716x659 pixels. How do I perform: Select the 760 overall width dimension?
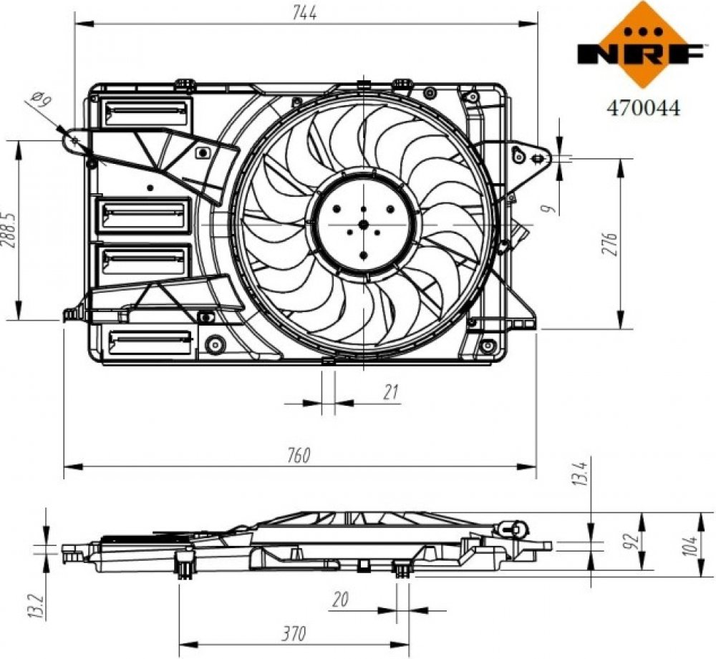click(x=299, y=456)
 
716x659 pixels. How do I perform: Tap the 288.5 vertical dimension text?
click(x=9, y=230)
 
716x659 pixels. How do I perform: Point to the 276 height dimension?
click(x=611, y=244)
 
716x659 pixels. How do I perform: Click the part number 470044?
click(x=643, y=108)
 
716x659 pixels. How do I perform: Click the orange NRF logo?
click(x=641, y=44)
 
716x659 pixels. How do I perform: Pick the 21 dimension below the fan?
click(x=390, y=392)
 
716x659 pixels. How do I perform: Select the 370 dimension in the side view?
click(x=294, y=633)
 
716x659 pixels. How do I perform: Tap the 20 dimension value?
click(x=340, y=599)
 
